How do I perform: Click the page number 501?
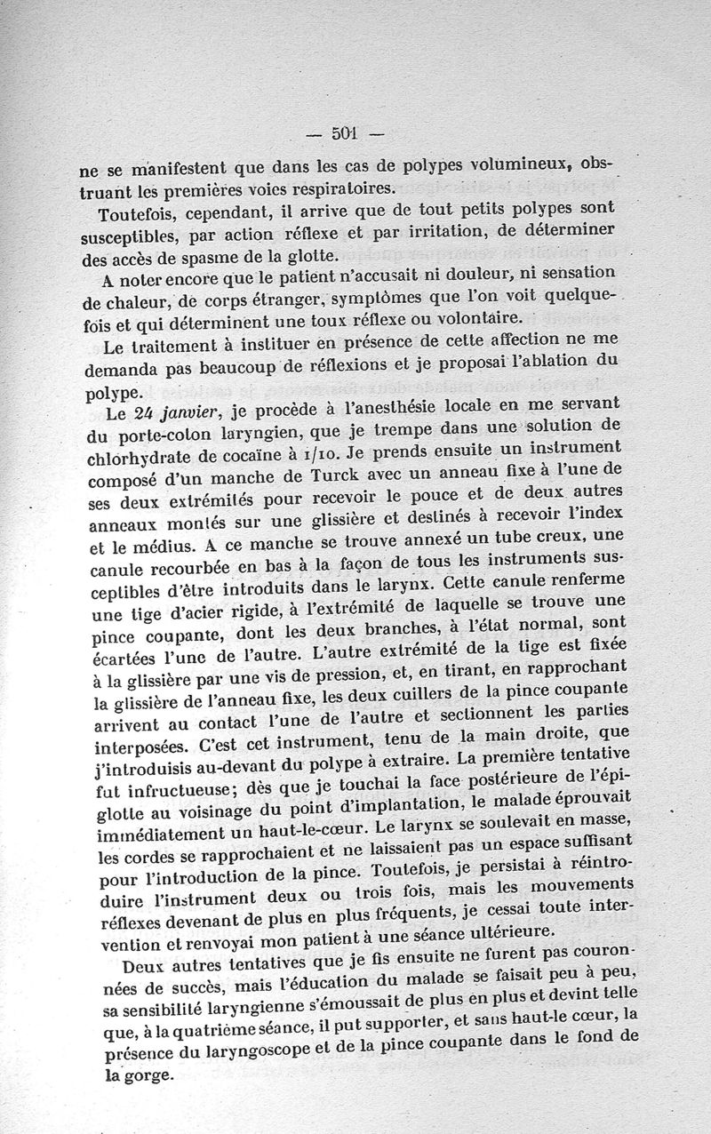[344, 134]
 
